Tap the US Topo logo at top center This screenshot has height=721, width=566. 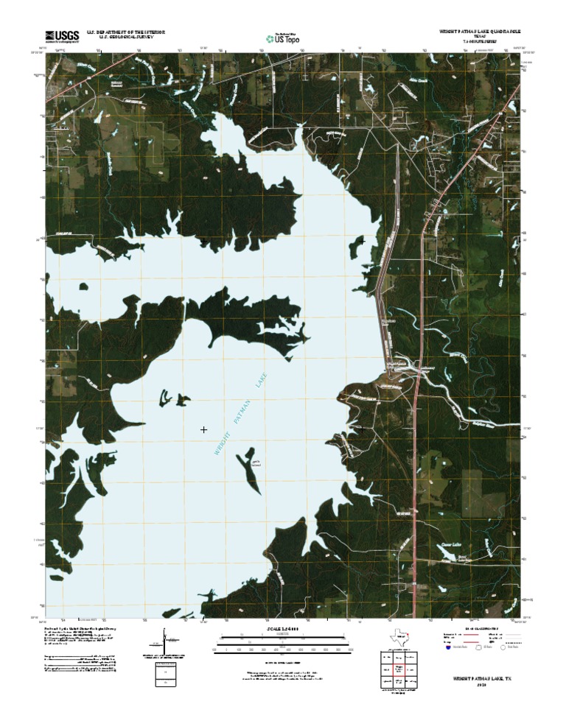[283, 38]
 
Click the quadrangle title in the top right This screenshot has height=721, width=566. [475, 33]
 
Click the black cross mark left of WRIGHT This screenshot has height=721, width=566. [203, 429]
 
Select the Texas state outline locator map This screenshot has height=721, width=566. [402, 635]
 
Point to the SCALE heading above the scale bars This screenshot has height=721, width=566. [283, 628]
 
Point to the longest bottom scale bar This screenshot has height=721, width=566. [283, 649]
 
